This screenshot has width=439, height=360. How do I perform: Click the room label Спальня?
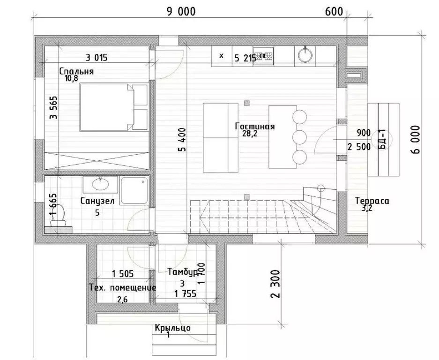pos(76,71)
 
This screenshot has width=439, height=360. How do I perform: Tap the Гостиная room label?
pos(255,127)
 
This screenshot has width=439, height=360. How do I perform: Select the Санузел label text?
pos(97,201)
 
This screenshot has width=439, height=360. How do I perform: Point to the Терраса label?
pos(372,201)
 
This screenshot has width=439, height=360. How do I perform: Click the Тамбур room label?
pos(183,272)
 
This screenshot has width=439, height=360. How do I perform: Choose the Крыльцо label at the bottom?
pos(173,328)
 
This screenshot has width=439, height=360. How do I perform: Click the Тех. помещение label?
pos(123,287)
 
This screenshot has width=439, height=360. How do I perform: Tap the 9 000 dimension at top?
pos(181,12)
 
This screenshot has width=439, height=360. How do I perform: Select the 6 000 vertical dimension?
pos(416,139)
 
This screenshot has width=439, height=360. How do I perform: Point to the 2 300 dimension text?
pos(275,284)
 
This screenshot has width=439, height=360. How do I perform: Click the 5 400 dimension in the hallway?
pos(182,140)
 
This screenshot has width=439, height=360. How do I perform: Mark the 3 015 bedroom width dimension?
pos(97,58)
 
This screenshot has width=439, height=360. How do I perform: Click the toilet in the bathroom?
pos(59,216)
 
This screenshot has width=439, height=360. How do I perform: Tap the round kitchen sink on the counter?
pos(305,54)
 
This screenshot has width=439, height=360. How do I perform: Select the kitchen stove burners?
pos(263,56)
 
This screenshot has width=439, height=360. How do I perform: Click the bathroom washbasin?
pos(100,184)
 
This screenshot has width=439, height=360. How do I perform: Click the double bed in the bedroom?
pos(113,107)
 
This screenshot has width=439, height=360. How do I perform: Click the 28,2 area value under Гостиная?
pos(250,134)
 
